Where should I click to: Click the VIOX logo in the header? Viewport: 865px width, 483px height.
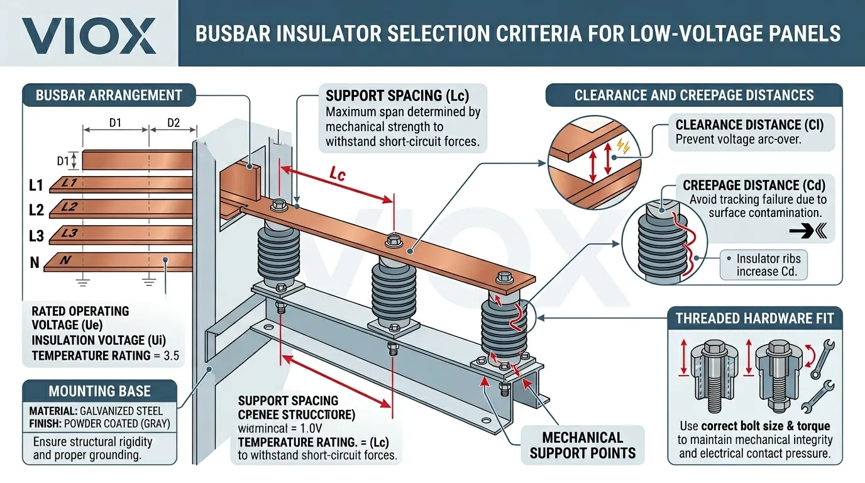(x=89, y=35)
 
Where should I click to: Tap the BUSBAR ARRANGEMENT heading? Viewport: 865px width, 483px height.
(x=109, y=96)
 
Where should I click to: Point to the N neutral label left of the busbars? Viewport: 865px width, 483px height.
(x=35, y=262)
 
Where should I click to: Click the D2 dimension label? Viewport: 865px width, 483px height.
(x=173, y=123)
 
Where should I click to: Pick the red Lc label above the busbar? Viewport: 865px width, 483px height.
(x=338, y=174)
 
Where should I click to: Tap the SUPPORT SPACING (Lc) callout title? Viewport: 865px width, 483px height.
(x=397, y=96)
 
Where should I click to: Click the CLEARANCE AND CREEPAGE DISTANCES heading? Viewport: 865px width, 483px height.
(x=694, y=96)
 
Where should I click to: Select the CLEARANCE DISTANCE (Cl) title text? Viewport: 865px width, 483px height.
(x=749, y=124)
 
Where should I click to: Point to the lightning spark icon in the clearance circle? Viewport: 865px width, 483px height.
(x=623, y=146)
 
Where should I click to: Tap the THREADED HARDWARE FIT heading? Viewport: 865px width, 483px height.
(x=754, y=318)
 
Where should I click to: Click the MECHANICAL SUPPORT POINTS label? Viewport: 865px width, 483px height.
(x=583, y=445)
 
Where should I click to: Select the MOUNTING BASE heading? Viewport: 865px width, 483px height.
(x=99, y=391)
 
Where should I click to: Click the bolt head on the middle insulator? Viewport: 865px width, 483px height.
(x=395, y=239)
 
